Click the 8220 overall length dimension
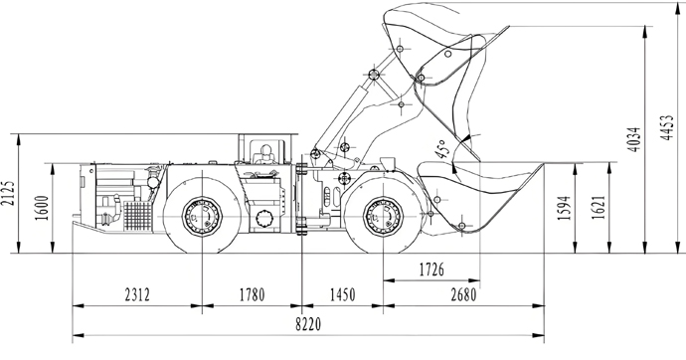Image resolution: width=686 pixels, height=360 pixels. [x=308, y=324]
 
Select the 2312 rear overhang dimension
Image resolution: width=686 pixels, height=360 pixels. [x=137, y=294]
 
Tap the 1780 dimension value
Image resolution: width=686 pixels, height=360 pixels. [x=252, y=294]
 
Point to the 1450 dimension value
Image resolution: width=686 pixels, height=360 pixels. [x=343, y=294]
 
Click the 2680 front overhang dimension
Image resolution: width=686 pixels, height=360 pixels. [x=463, y=295]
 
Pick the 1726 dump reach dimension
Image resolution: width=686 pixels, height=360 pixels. [x=431, y=270]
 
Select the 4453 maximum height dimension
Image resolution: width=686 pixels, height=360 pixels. [x=667, y=127]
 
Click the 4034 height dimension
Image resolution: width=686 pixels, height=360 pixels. [x=634, y=139]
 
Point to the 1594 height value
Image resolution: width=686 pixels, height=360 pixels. [x=565, y=208]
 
